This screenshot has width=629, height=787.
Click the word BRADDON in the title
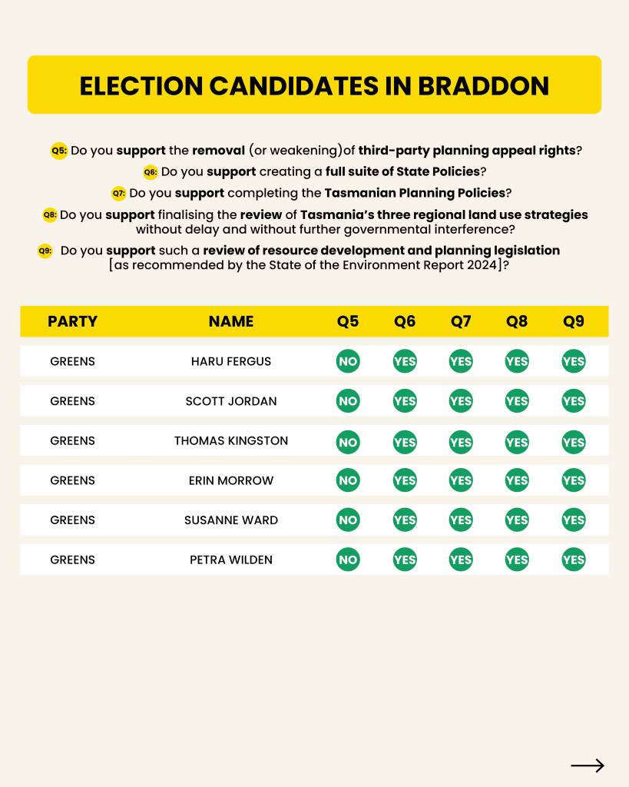coord(483,85)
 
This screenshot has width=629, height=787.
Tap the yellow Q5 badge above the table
coord(59,151)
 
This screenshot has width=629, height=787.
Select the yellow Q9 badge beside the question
coord(45,251)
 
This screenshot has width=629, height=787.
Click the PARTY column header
coord(72,321)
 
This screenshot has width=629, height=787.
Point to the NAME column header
coord(230,321)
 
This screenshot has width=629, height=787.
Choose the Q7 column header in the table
coord(461,321)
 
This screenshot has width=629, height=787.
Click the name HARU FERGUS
coord(230,361)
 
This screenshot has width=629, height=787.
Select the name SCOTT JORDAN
coord(230,401)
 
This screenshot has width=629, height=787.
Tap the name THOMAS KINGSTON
coord(230,441)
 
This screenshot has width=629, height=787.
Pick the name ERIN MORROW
coord(230,480)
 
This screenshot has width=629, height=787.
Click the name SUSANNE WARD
coord(230,520)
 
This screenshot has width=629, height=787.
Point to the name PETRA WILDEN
coord(230,560)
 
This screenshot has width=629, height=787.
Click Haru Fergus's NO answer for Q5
coord(348,361)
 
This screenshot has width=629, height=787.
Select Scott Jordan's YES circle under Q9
coord(573,401)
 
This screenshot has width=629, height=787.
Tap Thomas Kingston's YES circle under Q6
coord(405,441)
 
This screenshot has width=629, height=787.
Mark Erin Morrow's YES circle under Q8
coord(517,480)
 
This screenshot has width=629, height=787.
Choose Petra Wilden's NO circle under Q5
coord(348,560)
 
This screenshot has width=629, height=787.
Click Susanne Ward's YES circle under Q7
coord(461,520)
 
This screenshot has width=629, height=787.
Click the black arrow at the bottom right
coord(588,765)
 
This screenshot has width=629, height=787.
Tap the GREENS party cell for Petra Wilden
coord(72,560)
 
